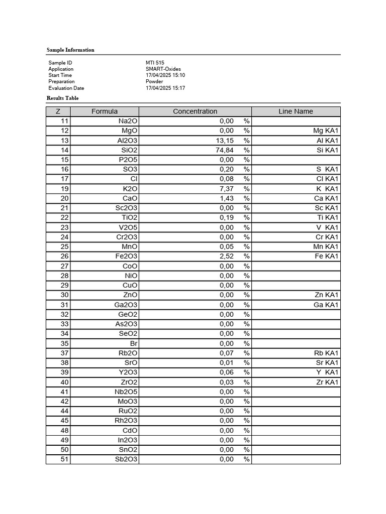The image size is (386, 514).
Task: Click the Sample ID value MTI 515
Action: click(x=155, y=63)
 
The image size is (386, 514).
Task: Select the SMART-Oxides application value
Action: click(x=163, y=69)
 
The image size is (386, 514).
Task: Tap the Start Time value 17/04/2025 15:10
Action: click(x=165, y=75)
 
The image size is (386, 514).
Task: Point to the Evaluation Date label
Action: click(x=66, y=88)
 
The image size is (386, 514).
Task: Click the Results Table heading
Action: click(x=63, y=98)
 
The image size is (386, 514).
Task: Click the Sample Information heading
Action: click(x=70, y=50)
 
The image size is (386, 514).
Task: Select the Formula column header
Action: click(x=105, y=111)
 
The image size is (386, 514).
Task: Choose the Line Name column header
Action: click(x=296, y=111)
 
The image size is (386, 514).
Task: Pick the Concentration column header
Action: click(x=195, y=111)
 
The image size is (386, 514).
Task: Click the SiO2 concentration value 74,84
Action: click(x=226, y=150)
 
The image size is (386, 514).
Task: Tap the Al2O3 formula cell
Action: click(x=127, y=141)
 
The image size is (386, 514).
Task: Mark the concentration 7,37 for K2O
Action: click(x=227, y=189)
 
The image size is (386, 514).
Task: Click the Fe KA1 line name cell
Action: click(x=327, y=256)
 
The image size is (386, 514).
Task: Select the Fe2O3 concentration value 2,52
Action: click(x=227, y=256)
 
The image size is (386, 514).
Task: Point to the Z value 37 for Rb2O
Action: click(x=64, y=353)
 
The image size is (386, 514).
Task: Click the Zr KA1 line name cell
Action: click(x=328, y=382)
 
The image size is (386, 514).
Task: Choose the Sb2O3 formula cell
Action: click(x=126, y=459)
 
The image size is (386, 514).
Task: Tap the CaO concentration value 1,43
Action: click(x=227, y=198)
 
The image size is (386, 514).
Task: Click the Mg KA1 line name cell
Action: click(x=326, y=131)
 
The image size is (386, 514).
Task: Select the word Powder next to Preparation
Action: click(x=154, y=81)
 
